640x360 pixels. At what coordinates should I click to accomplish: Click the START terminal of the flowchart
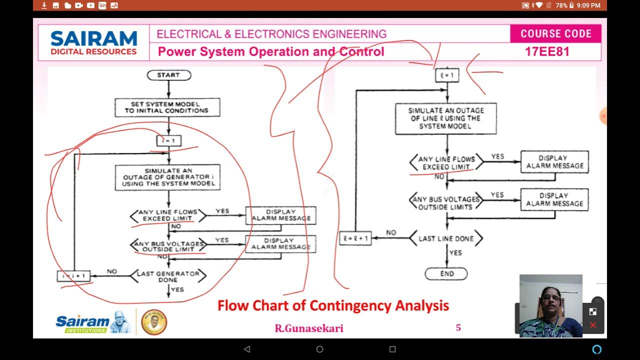168,75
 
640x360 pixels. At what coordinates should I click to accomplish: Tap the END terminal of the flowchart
446,273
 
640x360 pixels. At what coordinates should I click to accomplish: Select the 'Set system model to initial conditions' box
167,107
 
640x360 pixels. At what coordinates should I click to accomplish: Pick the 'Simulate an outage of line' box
445,118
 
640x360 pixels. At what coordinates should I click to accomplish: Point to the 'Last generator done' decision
168,276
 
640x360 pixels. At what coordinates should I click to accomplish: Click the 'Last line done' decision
446,239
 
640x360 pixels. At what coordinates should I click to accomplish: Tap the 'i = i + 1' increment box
73,276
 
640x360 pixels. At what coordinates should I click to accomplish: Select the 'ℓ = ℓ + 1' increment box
355,239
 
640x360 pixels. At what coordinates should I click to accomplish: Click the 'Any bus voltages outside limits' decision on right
446,200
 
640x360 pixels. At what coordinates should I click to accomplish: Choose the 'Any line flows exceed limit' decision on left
168,215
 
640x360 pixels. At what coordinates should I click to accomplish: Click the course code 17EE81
547,51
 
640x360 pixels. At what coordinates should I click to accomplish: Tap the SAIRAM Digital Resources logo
93,42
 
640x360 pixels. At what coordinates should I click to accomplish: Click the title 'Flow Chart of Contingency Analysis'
333,305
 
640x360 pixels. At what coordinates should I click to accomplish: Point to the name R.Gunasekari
309,328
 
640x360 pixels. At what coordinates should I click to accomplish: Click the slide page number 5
458,328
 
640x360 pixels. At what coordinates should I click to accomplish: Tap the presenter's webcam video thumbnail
550,305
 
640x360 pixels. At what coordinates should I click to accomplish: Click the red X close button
593,325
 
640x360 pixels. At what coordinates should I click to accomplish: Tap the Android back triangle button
246,349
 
